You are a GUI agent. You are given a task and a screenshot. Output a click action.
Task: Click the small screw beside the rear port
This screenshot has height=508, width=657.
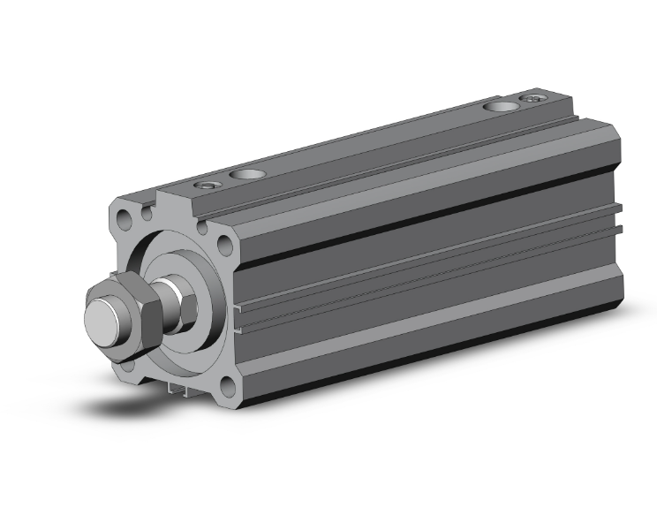click(x=532, y=99)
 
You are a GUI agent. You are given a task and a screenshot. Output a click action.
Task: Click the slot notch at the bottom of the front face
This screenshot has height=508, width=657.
click(x=177, y=387)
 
